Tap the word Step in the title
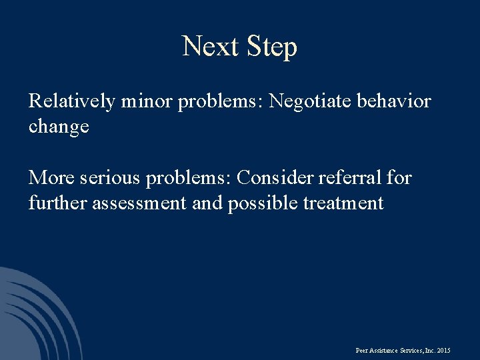tap(271, 48)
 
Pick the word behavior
tap(395, 102)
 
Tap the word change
tap(59, 127)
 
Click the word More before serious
tap(51, 178)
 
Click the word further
tap(57, 203)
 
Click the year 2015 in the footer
tap(443, 350)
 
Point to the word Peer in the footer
tap(363, 350)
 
